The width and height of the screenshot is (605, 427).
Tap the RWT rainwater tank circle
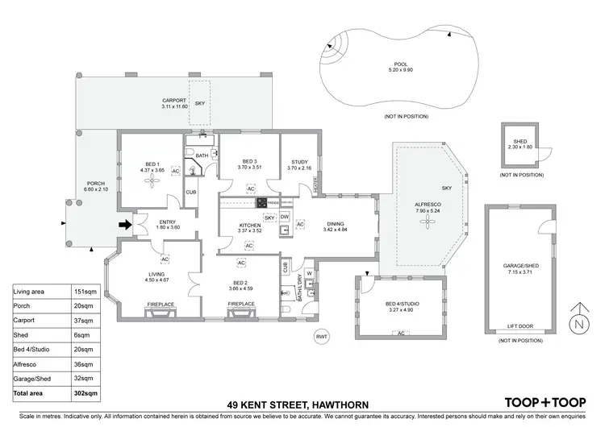pyautogui.click(x=322, y=335)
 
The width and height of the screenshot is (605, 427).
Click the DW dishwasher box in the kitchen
pyautogui.click(x=285, y=218)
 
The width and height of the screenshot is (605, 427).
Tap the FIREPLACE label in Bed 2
pyautogui.click(x=241, y=304)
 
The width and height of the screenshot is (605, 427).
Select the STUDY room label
pyautogui.click(x=298, y=162)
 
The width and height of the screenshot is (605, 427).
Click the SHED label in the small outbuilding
pyautogui.click(x=520, y=141)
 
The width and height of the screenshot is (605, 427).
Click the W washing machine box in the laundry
pyautogui.click(x=308, y=274)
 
